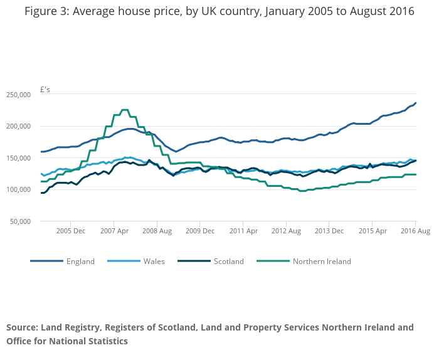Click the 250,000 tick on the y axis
pos(19,95)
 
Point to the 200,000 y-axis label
pos(19,126)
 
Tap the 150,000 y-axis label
pos(19,158)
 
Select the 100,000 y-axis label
pos(19,189)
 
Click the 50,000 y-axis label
pos(21,221)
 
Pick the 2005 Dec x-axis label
pos(70,231)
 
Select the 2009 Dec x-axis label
pos(199,231)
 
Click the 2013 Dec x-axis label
pos(329,231)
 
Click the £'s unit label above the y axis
pos(45,90)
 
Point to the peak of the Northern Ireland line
pos(124,110)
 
